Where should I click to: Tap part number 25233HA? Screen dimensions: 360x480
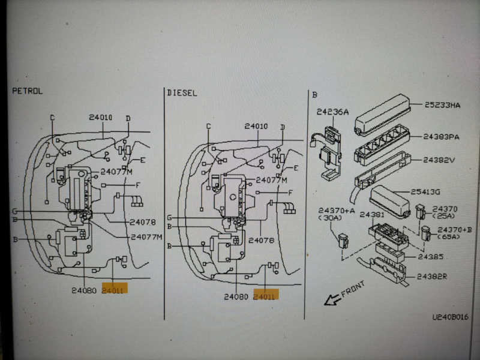443,106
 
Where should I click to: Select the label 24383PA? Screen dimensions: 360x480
442,137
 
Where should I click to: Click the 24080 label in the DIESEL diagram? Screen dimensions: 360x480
236,296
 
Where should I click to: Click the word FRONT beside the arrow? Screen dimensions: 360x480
352,290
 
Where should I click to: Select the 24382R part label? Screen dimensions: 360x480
431,277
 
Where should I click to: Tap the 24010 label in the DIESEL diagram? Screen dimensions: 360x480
256,126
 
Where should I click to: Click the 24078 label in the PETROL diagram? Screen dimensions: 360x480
143,222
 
